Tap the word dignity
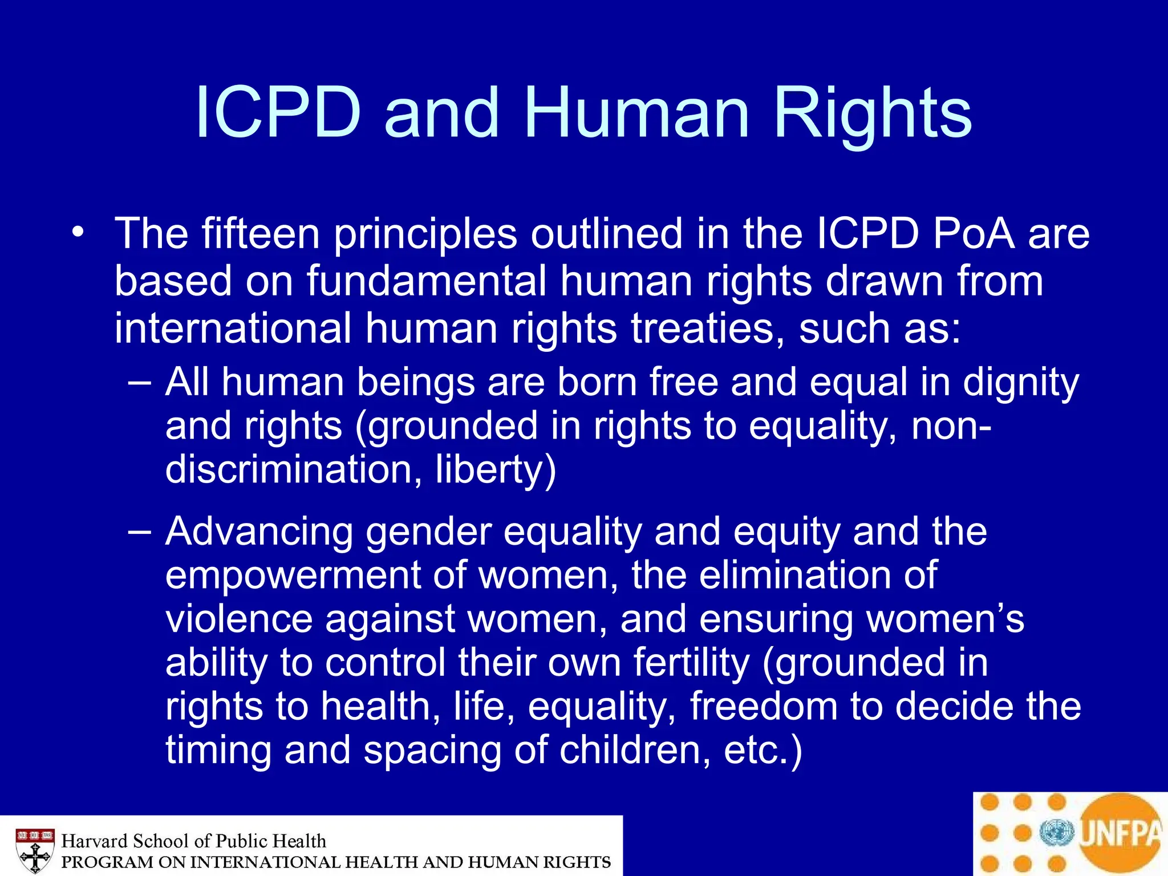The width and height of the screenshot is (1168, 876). pyautogui.click(x=1021, y=383)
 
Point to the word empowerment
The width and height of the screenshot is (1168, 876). pyautogui.click(x=293, y=575)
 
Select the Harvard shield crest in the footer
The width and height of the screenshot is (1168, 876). pyautogui.click(x=35, y=850)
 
